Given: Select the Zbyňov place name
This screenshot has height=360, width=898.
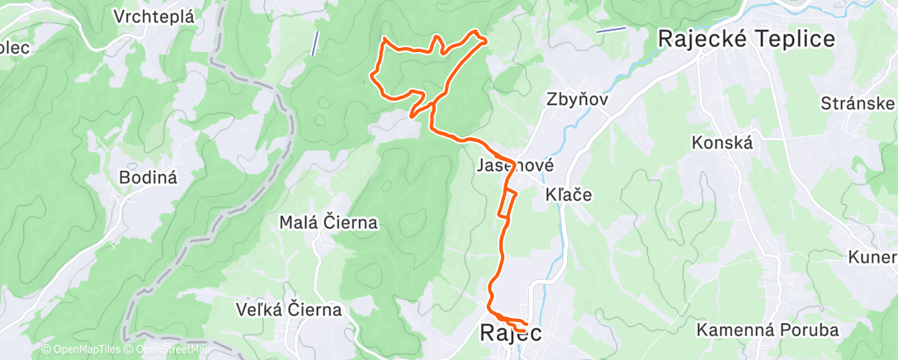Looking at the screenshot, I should tap(577, 98).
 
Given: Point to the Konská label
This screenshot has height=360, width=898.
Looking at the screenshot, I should tap(723, 142).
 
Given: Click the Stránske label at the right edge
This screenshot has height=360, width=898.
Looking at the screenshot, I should tap(858, 103).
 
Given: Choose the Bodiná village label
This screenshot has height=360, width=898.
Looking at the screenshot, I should tap(149, 176).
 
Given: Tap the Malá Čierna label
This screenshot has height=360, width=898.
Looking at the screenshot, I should tap(328, 222).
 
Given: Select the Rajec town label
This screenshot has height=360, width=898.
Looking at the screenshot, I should tap(511, 334).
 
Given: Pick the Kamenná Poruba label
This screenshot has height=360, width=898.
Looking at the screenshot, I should tap(768, 329).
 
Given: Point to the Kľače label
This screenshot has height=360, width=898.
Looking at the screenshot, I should tap(570, 195).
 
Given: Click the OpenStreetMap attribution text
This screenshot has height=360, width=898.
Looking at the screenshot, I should tap(166, 349).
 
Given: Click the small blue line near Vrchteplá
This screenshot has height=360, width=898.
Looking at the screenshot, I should tap(314, 43).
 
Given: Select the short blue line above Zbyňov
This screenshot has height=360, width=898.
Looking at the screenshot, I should tap(611, 30).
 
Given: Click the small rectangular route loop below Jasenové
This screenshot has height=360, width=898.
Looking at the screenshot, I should tap(508, 202).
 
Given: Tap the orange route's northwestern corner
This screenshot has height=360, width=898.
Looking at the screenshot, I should tap(383, 40).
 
